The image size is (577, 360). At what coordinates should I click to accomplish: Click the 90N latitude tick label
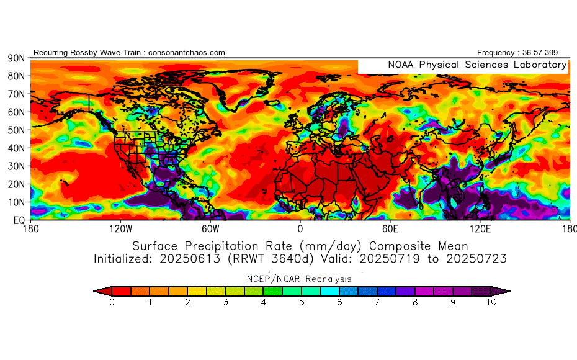16,58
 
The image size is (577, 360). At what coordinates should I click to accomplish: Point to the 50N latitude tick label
16,130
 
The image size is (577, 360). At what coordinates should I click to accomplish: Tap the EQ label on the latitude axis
19,220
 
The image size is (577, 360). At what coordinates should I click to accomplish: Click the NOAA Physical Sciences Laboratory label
476,65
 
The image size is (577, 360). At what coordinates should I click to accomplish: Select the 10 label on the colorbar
492,302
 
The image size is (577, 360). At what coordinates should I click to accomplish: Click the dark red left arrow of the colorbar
99,290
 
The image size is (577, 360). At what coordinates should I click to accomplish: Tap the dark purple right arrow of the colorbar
505,290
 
